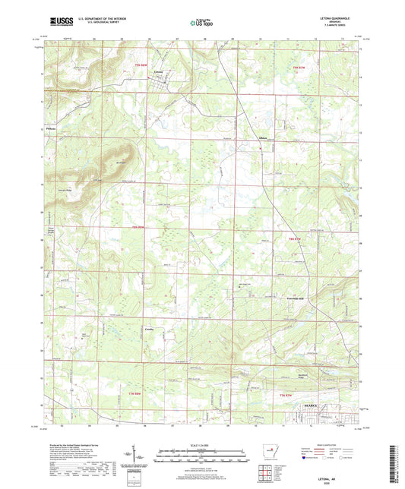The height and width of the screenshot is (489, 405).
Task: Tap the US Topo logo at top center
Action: click(201, 23)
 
